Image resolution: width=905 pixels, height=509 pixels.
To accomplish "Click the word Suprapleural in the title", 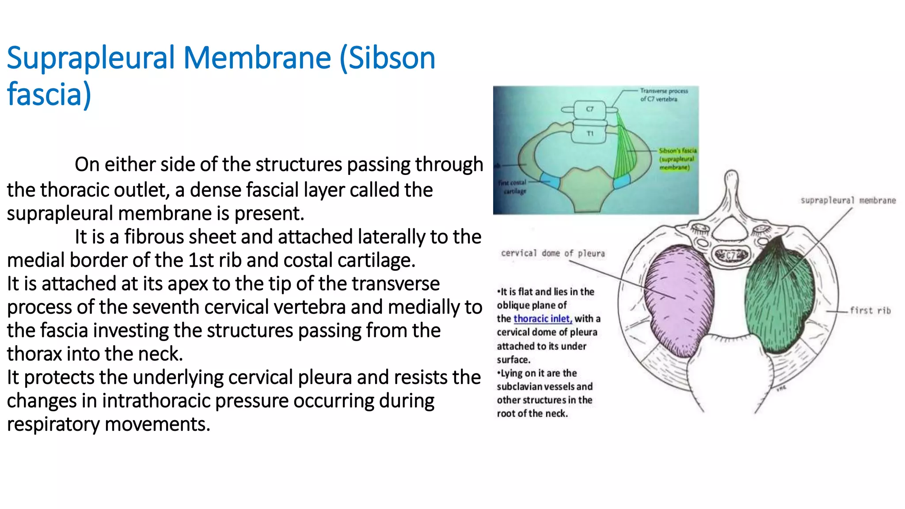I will click(x=91, y=59).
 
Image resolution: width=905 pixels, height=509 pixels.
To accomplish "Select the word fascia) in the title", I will click(x=49, y=95).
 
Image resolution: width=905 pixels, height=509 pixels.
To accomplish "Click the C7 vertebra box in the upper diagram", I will click(x=590, y=109).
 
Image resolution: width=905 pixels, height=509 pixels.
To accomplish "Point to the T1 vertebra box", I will click(x=590, y=133).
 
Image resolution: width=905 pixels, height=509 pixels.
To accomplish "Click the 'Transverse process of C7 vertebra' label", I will click(x=664, y=95).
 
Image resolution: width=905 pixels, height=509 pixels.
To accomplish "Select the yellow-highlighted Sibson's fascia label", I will click(x=677, y=159).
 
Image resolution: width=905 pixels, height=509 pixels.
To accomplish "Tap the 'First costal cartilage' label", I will click(x=513, y=187).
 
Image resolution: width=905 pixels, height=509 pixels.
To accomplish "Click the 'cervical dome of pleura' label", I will click(x=552, y=253).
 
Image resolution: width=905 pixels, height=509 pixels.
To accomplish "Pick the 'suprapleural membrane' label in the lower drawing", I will click(x=848, y=201).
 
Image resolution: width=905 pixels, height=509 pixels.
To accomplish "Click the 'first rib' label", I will click(x=870, y=311).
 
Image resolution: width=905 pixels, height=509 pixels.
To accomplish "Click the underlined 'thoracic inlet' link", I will click(x=543, y=319).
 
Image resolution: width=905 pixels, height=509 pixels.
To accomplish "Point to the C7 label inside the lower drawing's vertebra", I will click(x=731, y=255).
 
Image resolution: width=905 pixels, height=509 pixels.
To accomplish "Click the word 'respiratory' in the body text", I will click(x=53, y=425).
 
